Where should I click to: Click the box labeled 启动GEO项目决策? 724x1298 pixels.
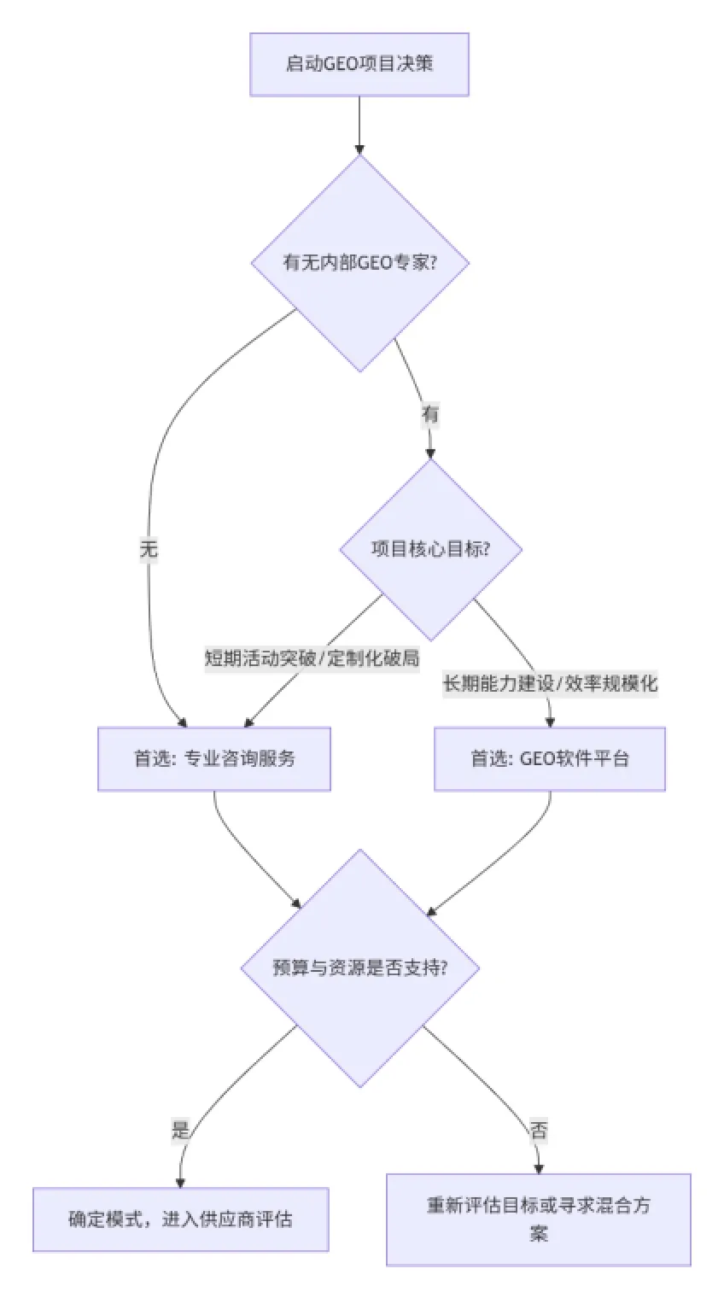point(359,64)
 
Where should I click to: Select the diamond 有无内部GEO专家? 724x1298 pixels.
point(359,262)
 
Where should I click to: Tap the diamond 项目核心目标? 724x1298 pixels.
point(430,549)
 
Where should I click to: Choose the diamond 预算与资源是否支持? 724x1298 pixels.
point(359,968)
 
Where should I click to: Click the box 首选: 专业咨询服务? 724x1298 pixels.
point(213,758)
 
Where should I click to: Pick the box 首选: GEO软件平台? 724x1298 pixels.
point(549,758)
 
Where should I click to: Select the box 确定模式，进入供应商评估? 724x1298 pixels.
point(180,1219)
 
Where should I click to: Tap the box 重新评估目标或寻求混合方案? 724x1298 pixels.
point(538,1219)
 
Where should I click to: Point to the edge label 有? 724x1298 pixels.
point(429,415)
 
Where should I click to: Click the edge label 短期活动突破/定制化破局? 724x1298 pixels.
point(312,658)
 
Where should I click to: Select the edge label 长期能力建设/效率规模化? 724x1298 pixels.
point(550,683)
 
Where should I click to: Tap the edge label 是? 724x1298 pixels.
point(180,1131)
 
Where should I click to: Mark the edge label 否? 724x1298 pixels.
point(539,1131)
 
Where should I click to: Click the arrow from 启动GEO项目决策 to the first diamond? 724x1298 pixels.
point(359,124)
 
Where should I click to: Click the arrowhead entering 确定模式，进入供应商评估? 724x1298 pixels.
point(180,1181)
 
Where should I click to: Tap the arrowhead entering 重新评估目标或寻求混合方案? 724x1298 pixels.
point(539,1168)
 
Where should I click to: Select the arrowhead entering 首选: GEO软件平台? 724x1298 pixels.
point(550,721)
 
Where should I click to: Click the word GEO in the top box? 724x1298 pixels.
point(345,64)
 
